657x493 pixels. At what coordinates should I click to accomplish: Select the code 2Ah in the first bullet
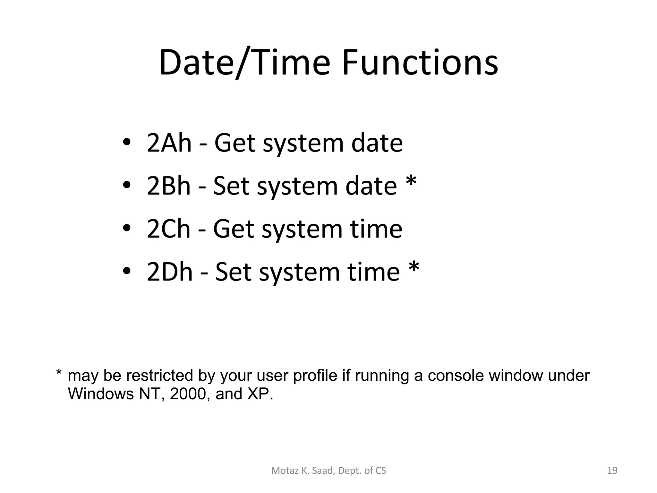pyautogui.click(x=169, y=143)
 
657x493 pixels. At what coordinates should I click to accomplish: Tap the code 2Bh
pyautogui.click(x=168, y=186)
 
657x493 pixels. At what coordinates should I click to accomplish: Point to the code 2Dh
pyautogui.click(x=169, y=272)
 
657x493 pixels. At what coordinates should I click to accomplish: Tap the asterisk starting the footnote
pyautogui.click(x=59, y=373)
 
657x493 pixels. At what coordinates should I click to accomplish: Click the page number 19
pyautogui.click(x=612, y=471)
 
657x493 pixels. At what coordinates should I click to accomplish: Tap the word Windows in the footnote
pyautogui.click(x=101, y=394)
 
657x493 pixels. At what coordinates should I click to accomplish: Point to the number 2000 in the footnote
pyautogui.click(x=188, y=394)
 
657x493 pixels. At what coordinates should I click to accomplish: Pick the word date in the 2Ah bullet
pyautogui.click(x=377, y=143)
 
